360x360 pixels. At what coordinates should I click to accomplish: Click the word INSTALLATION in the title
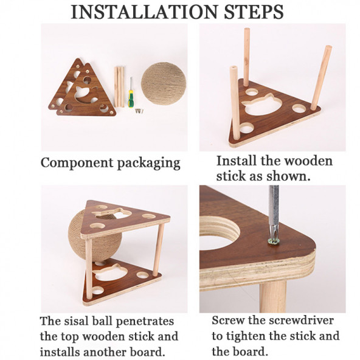point(145,12)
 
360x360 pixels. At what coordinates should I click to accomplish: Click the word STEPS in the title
point(254,12)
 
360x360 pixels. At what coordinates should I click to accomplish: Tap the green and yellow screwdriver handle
point(131,99)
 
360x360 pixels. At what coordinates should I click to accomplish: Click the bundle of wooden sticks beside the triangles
point(119,87)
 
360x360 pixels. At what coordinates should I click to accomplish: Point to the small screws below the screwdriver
point(139,111)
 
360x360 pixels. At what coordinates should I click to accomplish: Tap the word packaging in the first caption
point(148,164)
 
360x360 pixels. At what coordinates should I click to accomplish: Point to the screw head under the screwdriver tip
point(273,241)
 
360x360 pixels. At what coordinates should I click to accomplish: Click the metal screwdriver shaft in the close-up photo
point(274,211)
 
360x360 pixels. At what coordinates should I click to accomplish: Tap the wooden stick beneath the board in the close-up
point(273,296)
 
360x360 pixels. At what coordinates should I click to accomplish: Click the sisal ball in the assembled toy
point(95,237)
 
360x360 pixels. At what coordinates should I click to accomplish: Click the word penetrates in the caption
point(145,322)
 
